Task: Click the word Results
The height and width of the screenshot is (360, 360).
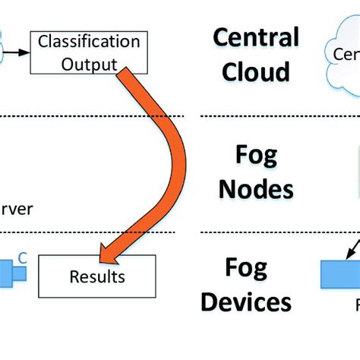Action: point(96,276)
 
